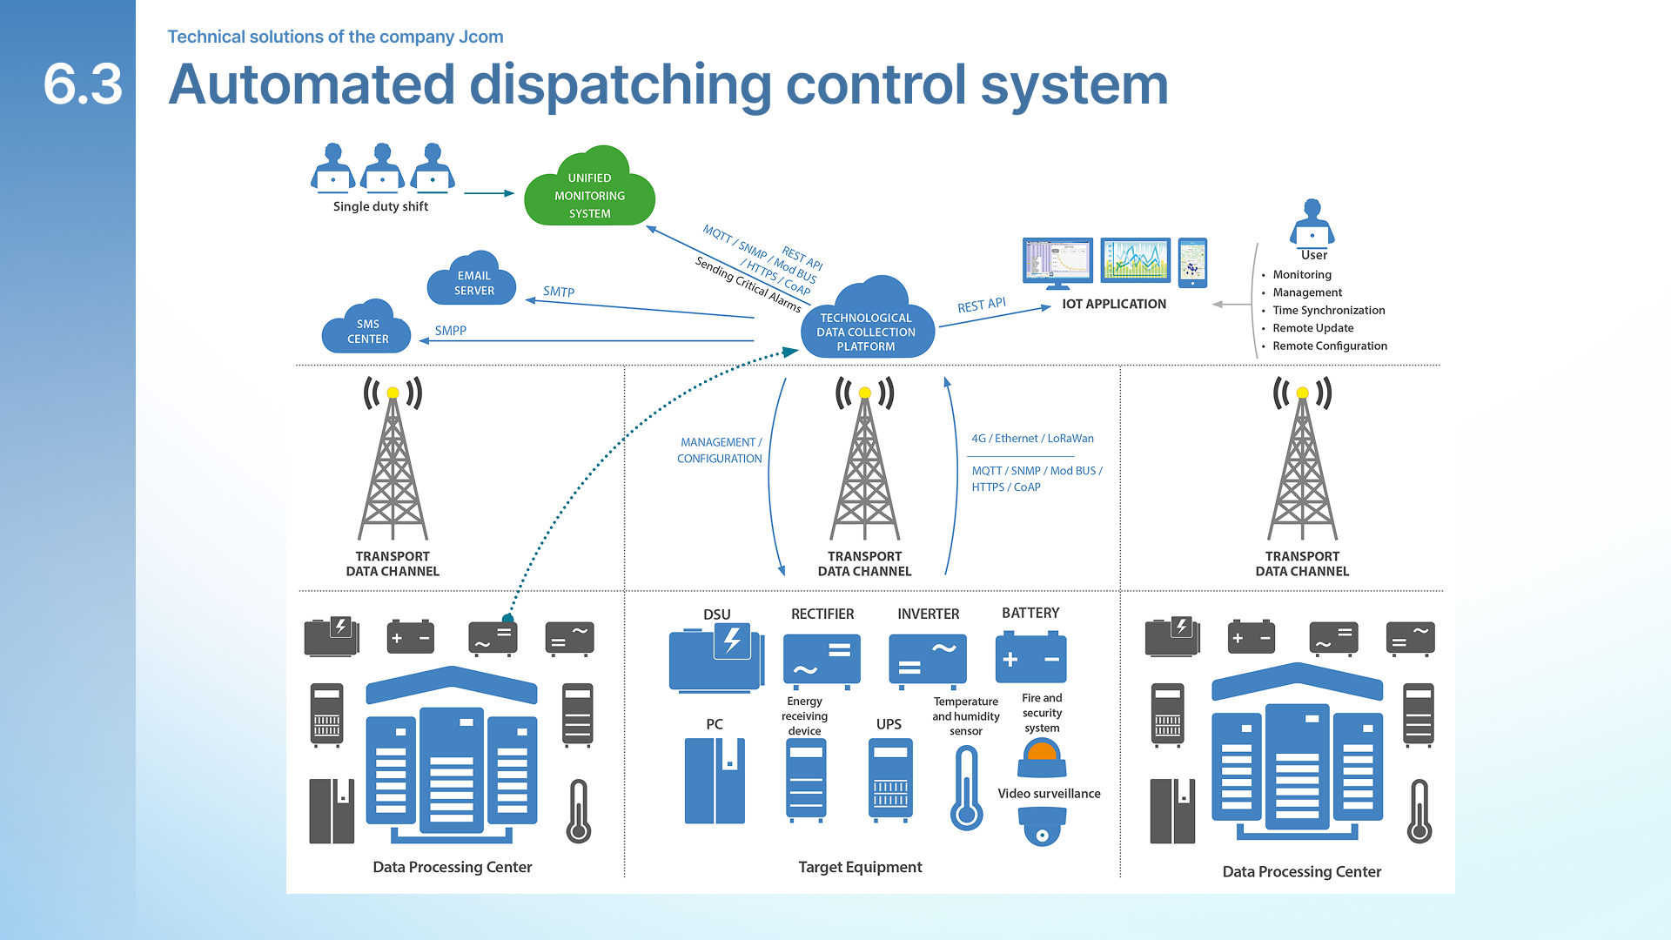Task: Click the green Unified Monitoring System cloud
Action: (x=589, y=192)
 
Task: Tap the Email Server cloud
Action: (x=473, y=282)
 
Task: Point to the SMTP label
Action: (x=559, y=292)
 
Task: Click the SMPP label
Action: (x=451, y=331)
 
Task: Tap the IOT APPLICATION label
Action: (x=1114, y=304)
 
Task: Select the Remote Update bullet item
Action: (x=1312, y=328)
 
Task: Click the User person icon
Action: (x=1312, y=223)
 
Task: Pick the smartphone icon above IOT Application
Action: (x=1192, y=262)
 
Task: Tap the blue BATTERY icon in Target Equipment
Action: (x=1030, y=658)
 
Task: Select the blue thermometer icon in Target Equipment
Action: (x=966, y=788)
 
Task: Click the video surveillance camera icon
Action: (x=1042, y=826)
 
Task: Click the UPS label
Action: (x=889, y=724)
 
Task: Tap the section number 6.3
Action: (x=83, y=84)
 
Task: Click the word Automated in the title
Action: (x=312, y=85)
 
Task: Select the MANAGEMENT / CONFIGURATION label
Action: (x=720, y=450)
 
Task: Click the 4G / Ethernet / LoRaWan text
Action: (x=1032, y=439)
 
